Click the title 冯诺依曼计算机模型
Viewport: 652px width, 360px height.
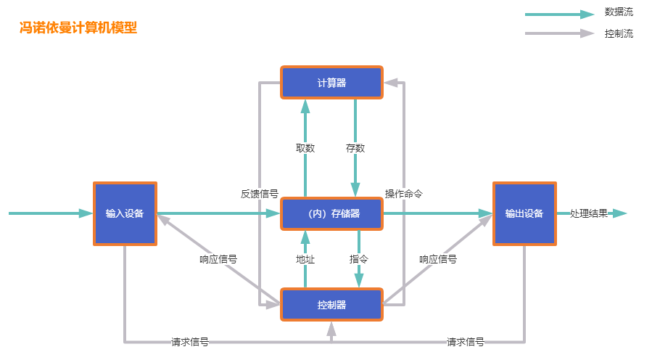click(78, 28)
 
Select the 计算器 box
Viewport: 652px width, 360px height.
click(331, 83)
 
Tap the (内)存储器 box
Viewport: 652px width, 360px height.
click(331, 213)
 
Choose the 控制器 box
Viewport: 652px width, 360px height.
click(331, 305)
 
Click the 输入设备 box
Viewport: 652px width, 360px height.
click(125, 213)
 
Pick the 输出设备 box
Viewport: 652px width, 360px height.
click(524, 213)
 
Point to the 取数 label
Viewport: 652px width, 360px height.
click(305, 148)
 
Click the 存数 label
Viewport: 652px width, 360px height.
click(355, 148)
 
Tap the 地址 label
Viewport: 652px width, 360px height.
click(305, 258)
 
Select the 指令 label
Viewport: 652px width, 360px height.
click(359, 258)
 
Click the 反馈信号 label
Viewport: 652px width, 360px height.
click(260, 194)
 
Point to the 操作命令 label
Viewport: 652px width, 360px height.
click(404, 194)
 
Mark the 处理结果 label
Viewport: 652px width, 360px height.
click(589, 213)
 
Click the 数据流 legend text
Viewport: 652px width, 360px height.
click(619, 12)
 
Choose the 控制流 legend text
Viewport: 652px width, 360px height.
click(619, 33)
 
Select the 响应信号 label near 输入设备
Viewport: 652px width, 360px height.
click(218, 258)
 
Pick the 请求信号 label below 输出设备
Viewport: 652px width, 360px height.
click(466, 342)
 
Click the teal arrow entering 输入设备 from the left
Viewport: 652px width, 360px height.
click(51, 213)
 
